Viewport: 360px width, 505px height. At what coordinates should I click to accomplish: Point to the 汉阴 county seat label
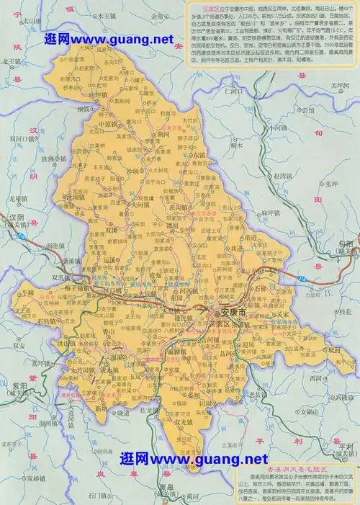pos(16,217)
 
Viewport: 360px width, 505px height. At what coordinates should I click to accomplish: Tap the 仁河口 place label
pos(235,92)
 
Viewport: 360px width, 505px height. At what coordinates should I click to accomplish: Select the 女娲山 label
pos(308,411)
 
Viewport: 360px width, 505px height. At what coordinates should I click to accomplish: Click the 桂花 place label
pos(345,312)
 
